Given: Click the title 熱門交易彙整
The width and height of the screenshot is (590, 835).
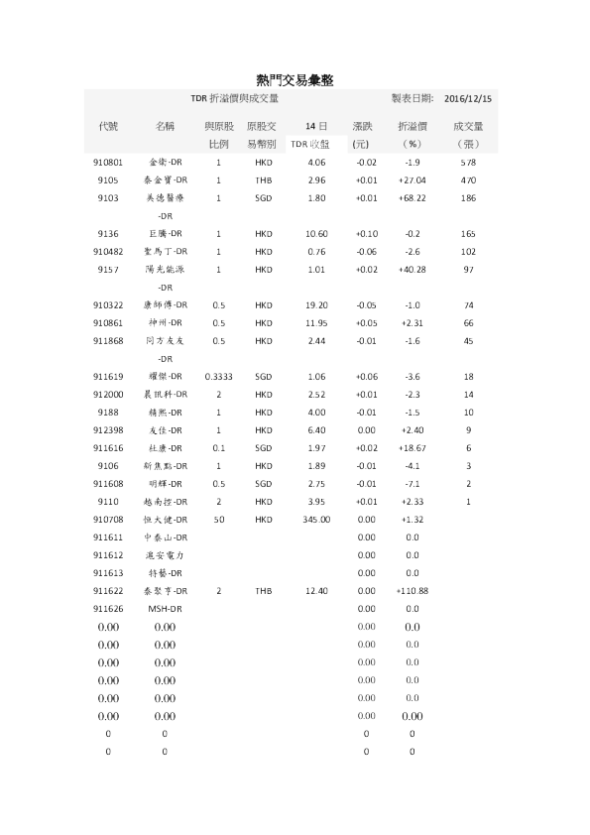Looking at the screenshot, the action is tap(295, 79).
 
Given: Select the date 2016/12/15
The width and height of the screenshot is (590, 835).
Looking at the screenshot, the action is tap(469, 99).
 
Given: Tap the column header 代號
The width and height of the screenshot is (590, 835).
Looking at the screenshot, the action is tap(108, 127).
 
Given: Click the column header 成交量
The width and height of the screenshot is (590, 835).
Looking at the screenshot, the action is tap(468, 127).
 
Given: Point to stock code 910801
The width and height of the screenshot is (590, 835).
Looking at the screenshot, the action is tap(108, 162).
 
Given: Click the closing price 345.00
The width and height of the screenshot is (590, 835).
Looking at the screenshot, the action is tap(317, 519).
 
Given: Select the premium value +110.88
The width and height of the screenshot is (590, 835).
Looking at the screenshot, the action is tap(412, 591).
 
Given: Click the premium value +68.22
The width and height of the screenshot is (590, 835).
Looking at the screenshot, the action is tap(412, 197).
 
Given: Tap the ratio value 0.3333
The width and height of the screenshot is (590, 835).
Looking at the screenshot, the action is tap(218, 377).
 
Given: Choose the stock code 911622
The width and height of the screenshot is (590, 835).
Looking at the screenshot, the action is tap(108, 591).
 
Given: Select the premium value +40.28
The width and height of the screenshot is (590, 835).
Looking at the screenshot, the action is tap(412, 269).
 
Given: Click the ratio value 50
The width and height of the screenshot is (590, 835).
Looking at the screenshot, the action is tap(218, 519).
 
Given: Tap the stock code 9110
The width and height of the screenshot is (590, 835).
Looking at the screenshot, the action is tap(108, 502).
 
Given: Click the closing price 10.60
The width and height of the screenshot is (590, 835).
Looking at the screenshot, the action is tap(317, 233).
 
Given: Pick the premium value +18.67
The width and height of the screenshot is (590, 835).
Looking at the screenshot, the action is tap(412, 448).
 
